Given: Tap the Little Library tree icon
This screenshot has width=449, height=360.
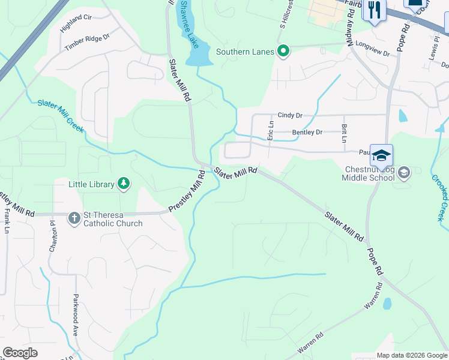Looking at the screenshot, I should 124,184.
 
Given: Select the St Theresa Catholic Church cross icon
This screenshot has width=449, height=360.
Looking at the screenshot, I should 74,218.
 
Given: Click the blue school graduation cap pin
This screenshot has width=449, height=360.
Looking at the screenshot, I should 381,157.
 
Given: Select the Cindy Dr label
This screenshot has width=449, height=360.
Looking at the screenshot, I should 290,115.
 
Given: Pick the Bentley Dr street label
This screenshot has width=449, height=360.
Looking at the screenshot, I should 307,132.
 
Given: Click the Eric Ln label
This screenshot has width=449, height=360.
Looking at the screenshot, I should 271,131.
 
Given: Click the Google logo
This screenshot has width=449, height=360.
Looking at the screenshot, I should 20,353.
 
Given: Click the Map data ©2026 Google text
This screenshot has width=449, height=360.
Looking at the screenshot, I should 411,355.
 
